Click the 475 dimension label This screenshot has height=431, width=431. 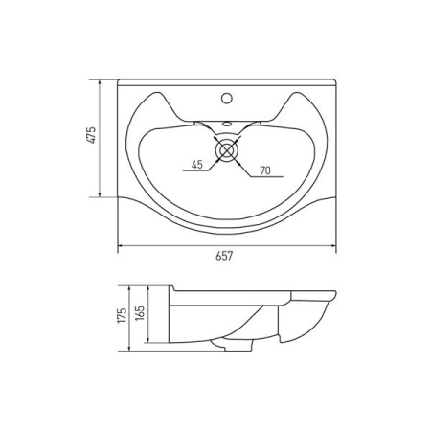92,135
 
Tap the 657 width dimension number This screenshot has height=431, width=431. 224,256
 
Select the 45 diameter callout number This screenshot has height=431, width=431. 197,165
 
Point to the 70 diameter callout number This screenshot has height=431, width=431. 265,170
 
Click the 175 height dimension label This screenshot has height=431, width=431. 123,315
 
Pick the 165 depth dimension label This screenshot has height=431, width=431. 141,313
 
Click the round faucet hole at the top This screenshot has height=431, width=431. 227,98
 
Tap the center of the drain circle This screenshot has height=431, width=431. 227,149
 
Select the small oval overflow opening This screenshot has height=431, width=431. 227,123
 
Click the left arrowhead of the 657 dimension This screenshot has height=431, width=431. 121,246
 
